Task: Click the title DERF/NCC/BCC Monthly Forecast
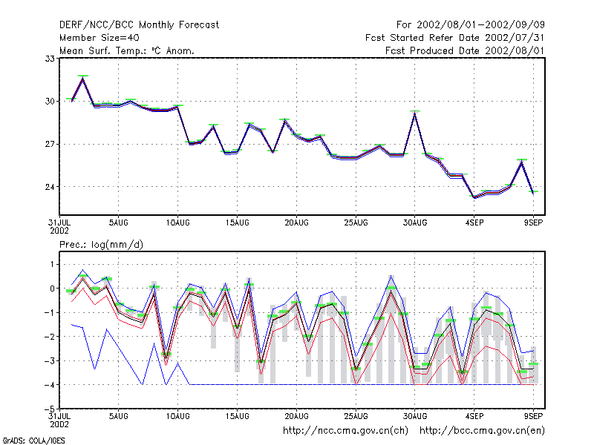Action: pyautogui.click(x=139, y=25)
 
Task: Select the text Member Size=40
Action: pyautogui.click(x=99, y=38)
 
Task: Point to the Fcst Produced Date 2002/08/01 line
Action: pyautogui.click(x=465, y=50)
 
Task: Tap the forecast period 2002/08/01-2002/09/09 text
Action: pyautogui.click(x=480, y=25)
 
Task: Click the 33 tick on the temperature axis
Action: pyautogui.click(x=50, y=59)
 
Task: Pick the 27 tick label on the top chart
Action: pyautogui.click(x=50, y=144)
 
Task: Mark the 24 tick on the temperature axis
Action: pyautogui.click(x=50, y=187)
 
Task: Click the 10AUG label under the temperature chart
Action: pyautogui.click(x=177, y=223)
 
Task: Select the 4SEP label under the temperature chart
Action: pyautogui.click(x=474, y=223)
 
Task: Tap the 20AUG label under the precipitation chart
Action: pyautogui.click(x=296, y=416)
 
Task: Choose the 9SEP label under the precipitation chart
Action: pyautogui.click(x=533, y=416)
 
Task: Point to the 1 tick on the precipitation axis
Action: pyautogui.click(x=52, y=264)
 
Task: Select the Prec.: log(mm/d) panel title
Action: pyautogui.click(x=101, y=245)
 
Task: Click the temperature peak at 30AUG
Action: pyautogui.click(x=415, y=113)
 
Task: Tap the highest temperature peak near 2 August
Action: pyautogui.click(x=83, y=79)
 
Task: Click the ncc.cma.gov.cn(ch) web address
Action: pyautogui.click(x=345, y=431)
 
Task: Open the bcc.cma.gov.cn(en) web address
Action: pyautogui.click(x=482, y=431)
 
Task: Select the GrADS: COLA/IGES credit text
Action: pyautogui.click(x=33, y=441)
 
